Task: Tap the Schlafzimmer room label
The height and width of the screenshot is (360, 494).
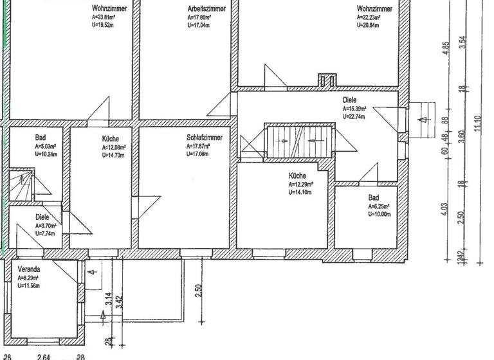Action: [205, 138]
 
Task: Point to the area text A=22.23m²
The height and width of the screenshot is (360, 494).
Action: [373, 17]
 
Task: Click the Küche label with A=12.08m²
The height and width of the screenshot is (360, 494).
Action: [111, 138]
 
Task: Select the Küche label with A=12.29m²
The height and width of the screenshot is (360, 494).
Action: [297, 175]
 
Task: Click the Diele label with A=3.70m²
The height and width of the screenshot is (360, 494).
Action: [42, 217]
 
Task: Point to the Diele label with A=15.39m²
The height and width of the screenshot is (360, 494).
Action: [350, 101]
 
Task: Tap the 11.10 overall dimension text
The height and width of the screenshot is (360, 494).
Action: [477, 122]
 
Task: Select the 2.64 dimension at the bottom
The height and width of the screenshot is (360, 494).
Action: [44, 356]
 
